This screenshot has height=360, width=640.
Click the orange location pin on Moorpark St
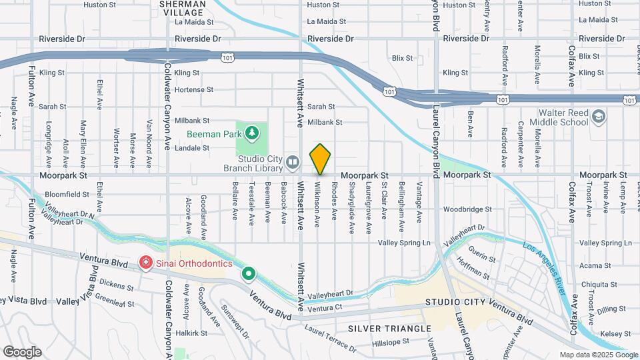[x=321, y=159]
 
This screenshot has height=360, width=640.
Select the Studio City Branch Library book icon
[x=292, y=161]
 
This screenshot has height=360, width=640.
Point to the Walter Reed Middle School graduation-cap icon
[x=599, y=117]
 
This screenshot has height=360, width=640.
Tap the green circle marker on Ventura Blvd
[x=249, y=273]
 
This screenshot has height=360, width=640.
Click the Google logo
[x=22, y=352]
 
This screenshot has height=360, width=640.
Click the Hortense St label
[x=193, y=89]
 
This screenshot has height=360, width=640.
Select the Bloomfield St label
[x=64, y=194]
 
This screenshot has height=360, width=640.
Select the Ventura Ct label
[x=325, y=308]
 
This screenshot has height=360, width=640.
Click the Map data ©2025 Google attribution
[x=597, y=355]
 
